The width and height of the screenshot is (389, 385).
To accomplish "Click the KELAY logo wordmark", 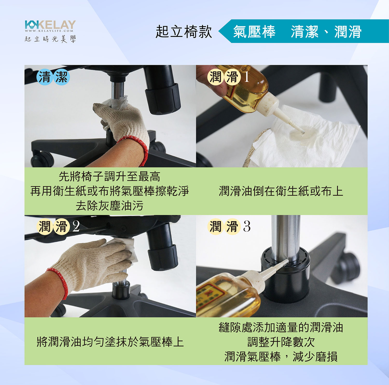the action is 50,25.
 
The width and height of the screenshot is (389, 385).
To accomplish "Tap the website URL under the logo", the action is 49,31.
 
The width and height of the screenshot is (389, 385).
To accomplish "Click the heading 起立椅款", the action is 184,32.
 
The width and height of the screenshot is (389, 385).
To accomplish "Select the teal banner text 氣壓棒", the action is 254,32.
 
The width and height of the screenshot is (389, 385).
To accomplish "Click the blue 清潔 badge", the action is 53,77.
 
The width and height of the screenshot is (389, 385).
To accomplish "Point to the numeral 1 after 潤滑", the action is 246,77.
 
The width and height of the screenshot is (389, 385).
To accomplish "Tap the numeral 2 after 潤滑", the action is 76,226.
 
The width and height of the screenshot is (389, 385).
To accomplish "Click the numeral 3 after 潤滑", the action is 247,226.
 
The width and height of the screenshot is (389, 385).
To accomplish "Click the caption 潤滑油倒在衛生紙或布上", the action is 281,191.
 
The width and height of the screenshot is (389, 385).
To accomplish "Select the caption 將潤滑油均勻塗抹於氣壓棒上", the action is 110,341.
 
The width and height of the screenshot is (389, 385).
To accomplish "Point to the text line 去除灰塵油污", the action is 110,206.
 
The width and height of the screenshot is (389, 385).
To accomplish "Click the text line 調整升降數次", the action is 281,342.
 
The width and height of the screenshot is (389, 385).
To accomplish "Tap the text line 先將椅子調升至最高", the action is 109,177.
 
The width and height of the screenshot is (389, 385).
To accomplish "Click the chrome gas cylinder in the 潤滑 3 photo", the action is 286,239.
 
